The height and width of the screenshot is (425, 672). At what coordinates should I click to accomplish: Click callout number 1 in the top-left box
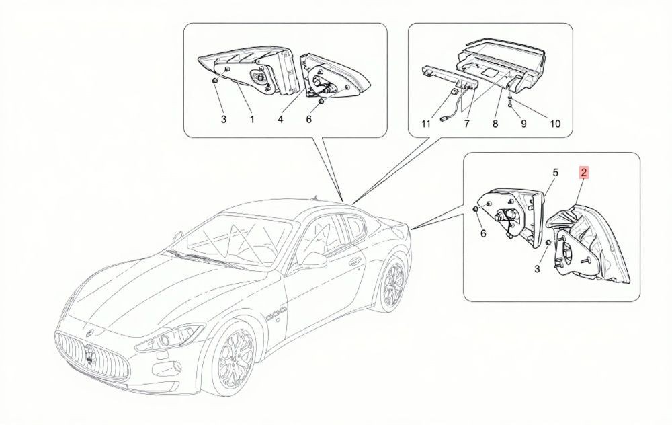[x=252, y=119]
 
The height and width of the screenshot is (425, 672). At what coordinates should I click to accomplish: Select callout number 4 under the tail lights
[x=280, y=119]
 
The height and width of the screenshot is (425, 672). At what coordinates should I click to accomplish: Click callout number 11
[x=425, y=124]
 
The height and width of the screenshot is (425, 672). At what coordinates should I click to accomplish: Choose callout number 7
[x=467, y=124]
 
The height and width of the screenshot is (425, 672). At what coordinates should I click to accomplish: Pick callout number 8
[x=495, y=124]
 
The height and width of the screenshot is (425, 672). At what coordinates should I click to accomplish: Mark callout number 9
[x=523, y=124]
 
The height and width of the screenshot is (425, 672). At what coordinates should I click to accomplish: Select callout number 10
[x=555, y=124]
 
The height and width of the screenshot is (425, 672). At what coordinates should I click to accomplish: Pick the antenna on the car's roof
[x=315, y=198]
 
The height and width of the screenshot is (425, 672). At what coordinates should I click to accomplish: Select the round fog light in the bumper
[x=177, y=366]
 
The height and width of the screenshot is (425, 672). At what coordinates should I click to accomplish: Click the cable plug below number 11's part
[x=443, y=119]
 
